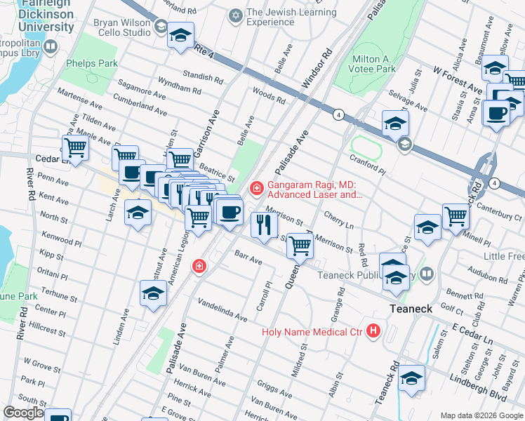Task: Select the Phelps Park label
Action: tap(92, 63)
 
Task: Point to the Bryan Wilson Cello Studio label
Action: tap(122, 27)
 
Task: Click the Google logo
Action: tap(23, 413)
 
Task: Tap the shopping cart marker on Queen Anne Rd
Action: tap(300, 246)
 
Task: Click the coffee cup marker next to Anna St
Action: tap(498, 114)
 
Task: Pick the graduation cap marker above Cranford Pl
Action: tap(395, 123)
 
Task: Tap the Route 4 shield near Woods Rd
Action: tap(338, 114)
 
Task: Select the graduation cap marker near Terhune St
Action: tap(153, 294)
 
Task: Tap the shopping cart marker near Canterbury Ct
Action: tap(456, 215)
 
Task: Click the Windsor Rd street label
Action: tap(316, 69)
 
